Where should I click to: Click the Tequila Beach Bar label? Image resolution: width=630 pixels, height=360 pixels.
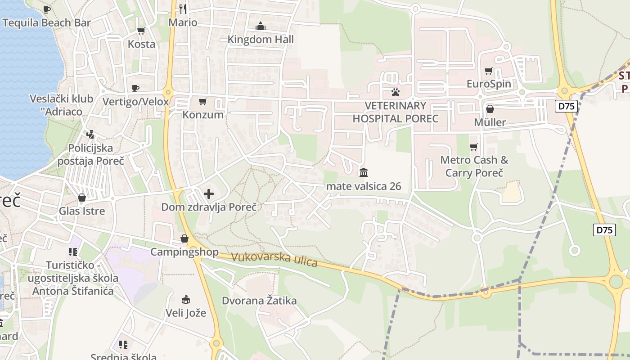[47, 22]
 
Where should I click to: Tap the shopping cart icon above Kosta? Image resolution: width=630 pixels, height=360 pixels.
[141, 31]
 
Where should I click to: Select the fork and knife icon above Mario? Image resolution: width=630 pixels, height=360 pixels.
[183, 9]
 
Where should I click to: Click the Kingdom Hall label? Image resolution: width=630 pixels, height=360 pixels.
[261, 39]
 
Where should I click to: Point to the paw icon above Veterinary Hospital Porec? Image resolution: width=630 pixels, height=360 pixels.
[396, 93]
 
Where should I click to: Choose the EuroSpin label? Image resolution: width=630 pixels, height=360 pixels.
[489, 84]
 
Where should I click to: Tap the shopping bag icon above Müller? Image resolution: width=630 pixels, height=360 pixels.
[490, 109]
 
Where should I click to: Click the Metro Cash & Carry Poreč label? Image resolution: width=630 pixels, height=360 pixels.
[474, 166]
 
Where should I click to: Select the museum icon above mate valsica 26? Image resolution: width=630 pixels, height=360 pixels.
[364, 172]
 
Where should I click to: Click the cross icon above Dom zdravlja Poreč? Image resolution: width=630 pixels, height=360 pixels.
[209, 194]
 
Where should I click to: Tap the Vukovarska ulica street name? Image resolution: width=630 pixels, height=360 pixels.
[274, 260]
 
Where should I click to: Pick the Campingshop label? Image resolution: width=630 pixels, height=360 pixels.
[184, 252]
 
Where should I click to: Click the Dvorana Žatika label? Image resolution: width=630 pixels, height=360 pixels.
[259, 300]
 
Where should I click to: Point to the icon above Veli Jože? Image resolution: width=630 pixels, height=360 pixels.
[186, 299]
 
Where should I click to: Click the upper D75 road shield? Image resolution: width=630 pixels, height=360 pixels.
[566, 106]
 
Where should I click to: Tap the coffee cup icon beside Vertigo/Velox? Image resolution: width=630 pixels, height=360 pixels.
[135, 88]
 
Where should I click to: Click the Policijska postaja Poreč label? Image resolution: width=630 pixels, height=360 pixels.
[90, 154]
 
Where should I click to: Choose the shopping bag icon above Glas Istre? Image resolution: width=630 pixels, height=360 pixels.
[82, 198]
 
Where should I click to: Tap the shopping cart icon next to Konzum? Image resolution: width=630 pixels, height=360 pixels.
[203, 102]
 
